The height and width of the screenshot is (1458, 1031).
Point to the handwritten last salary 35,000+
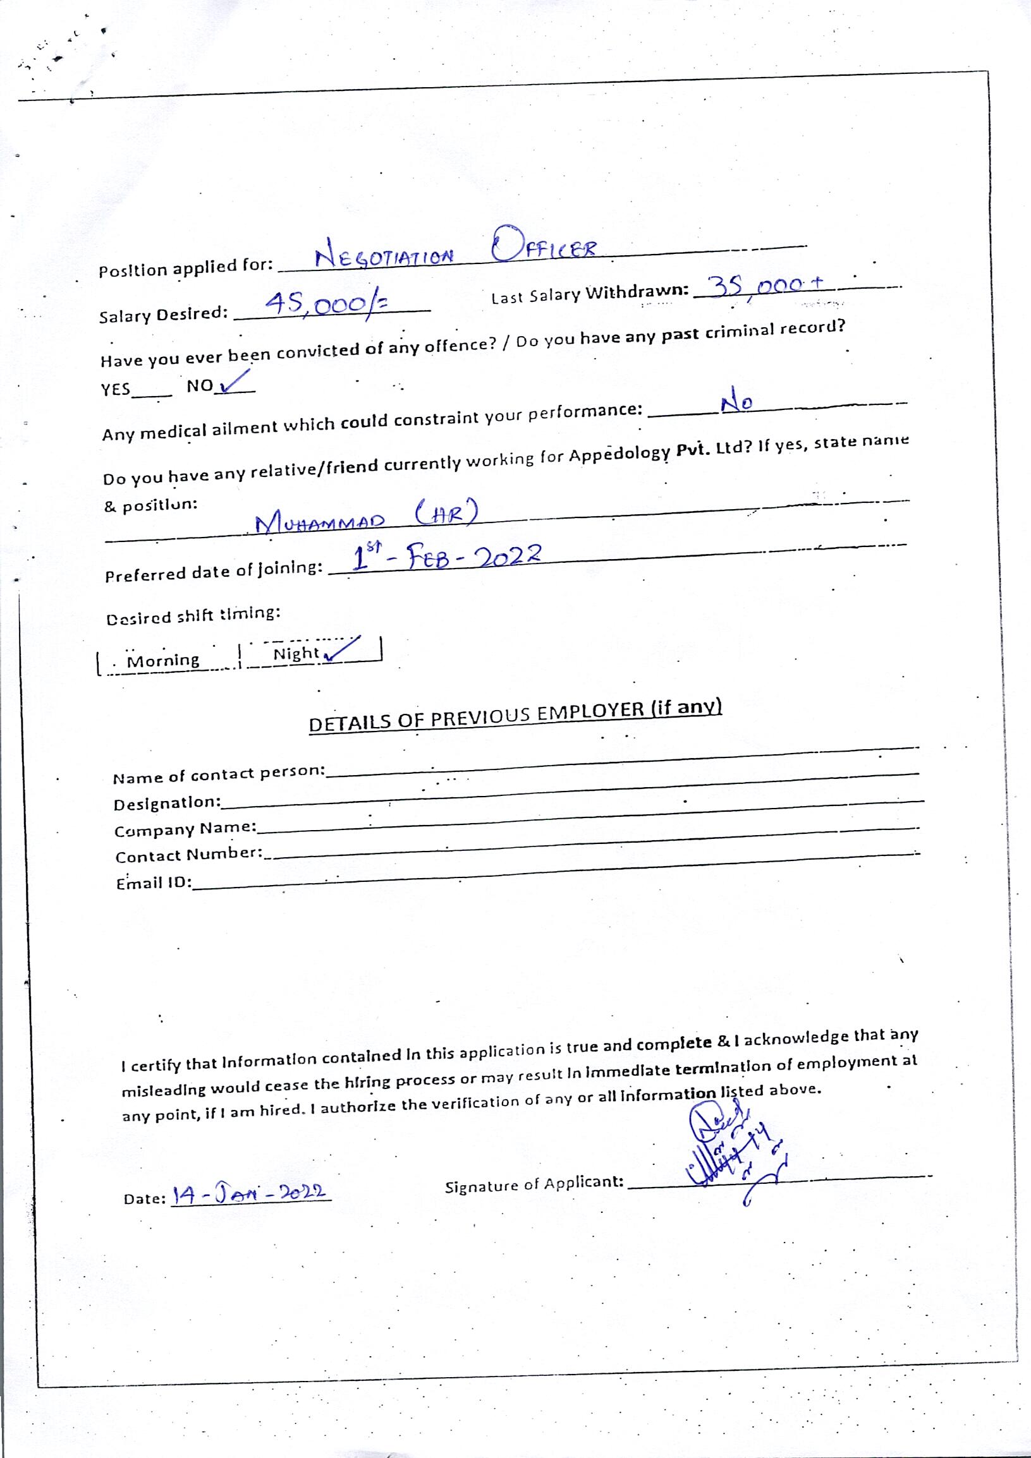(766, 286)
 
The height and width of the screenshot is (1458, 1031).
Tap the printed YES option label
(116, 389)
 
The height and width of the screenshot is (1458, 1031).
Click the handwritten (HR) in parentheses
(445, 513)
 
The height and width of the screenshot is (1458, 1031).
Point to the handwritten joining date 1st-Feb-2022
(446, 558)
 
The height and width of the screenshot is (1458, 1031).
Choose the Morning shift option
(163, 660)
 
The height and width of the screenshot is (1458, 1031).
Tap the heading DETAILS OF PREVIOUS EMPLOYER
(515, 716)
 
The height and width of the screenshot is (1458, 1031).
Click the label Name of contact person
(219, 774)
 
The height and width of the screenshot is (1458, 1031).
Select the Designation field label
(167, 804)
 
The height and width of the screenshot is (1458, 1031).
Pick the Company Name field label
(185, 829)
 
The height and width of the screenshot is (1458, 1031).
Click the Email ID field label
(154, 883)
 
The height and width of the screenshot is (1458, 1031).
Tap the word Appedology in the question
(619, 455)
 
